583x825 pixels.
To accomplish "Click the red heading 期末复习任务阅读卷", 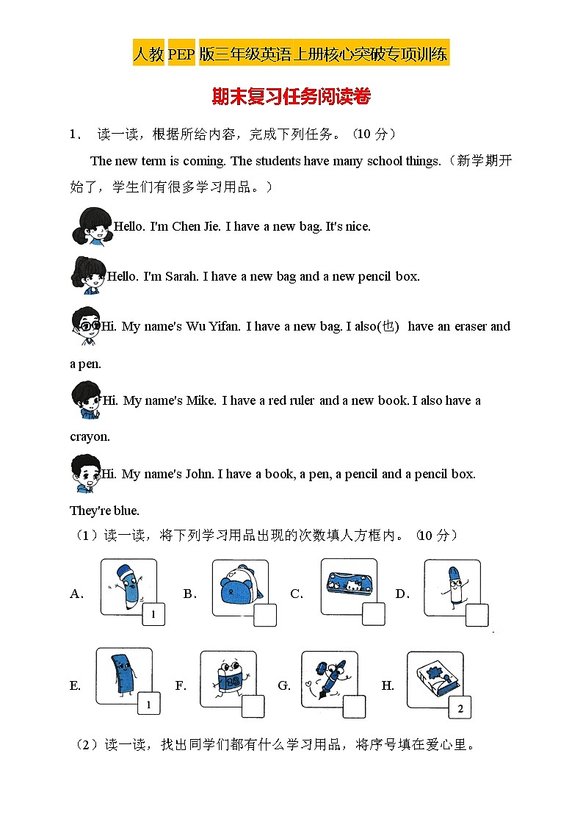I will [x=291, y=97].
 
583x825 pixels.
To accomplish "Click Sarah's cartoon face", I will [x=88, y=275].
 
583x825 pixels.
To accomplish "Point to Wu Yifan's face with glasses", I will [x=86, y=325].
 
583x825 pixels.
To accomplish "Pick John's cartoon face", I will [x=86, y=473].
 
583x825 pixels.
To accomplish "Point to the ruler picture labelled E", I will [x=123, y=676].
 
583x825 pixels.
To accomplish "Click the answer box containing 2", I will [x=460, y=708].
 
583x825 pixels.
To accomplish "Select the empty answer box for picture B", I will [x=265, y=615].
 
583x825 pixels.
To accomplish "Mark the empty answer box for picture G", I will [x=354, y=707].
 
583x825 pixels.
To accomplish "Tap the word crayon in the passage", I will [x=90, y=437].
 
